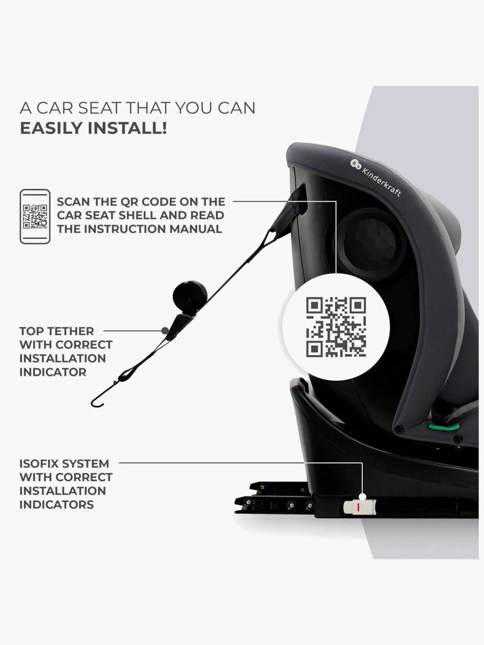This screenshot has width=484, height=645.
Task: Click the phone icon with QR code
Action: click(x=35, y=216)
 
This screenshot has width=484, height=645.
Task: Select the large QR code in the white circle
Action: click(x=336, y=327)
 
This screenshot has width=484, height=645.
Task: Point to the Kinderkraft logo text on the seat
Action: click(x=381, y=182)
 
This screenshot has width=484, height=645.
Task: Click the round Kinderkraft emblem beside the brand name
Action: click(x=355, y=164)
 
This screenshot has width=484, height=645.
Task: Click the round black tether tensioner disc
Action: click(x=190, y=294)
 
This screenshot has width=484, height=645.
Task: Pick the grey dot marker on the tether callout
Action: click(x=165, y=331)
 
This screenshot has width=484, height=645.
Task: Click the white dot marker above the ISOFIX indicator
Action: click(x=363, y=497)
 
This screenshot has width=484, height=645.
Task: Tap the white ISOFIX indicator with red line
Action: click(x=360, y=507)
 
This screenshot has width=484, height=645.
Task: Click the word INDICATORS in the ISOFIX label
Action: click(x=56, y=504)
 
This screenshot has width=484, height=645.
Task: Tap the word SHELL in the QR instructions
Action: click(x=166, y=216)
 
